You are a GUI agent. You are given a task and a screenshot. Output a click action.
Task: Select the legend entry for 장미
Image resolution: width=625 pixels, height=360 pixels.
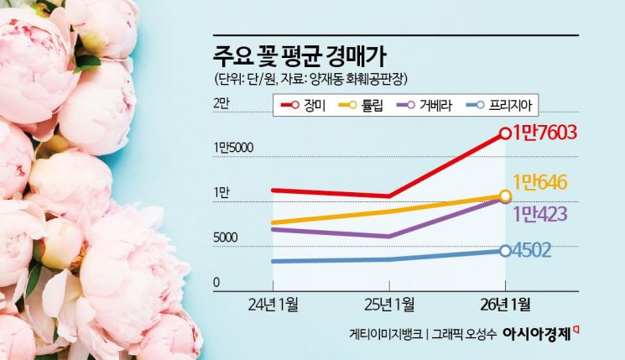click(x=305, y=105)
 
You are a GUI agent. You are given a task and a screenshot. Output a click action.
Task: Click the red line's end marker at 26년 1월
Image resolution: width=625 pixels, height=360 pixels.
click(x=504, y=133)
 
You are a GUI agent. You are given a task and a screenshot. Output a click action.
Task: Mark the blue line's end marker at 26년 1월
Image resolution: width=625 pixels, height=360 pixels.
click(x=504, y=250)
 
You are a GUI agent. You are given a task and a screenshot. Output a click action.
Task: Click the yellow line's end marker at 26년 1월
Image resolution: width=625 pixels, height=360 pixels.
click(x=504, y=196)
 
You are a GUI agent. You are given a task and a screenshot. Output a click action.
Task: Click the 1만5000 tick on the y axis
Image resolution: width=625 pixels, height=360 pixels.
click(x=233, y=148)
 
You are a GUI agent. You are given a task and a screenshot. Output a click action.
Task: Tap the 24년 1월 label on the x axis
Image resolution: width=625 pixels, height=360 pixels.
click(x=274, y=302)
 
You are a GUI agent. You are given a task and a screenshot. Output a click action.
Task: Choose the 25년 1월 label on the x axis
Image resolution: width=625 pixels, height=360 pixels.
click(x=389, y=302)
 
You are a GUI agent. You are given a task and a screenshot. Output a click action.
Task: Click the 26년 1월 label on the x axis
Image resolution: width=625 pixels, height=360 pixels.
click(x=504, y=302)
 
